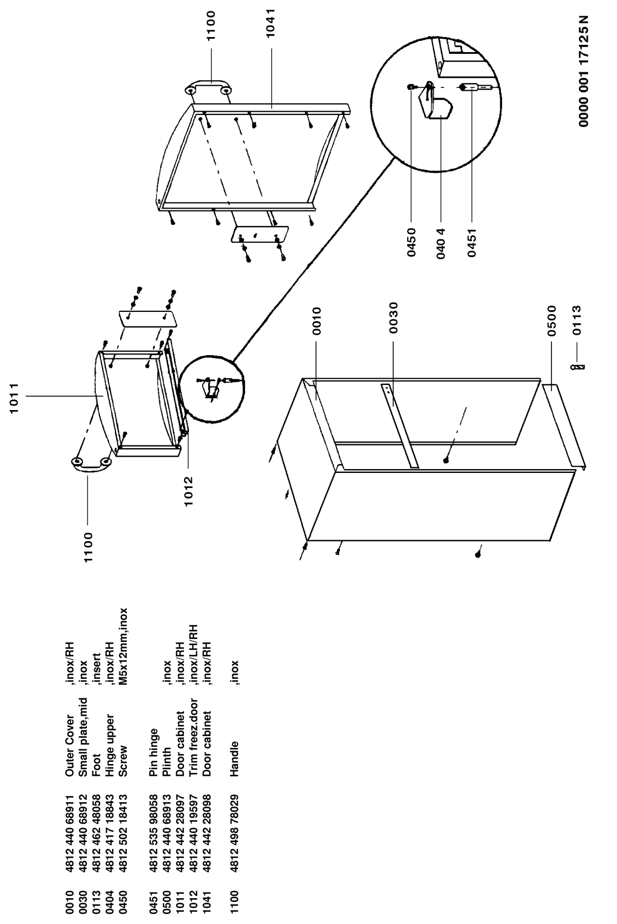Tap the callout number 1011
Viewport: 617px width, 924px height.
click(x=14, y=398)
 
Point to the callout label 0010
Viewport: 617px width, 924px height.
click(x=316, y=320)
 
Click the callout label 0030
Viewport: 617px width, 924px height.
click(x=393, y=318)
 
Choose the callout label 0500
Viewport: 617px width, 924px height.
click(x=552, y=321)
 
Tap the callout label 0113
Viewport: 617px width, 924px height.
click(x=577, y=320)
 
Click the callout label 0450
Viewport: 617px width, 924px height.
click(x=411, y=242)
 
